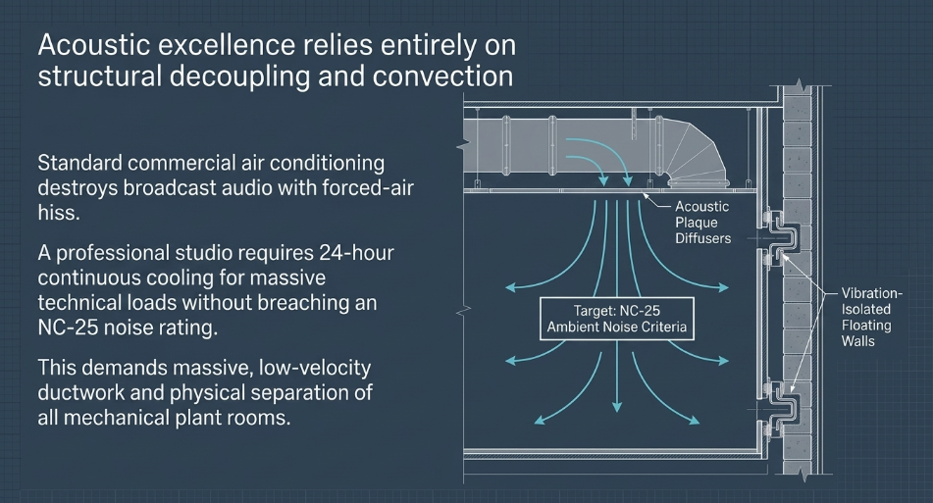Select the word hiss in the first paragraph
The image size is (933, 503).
click(x=59, y=212)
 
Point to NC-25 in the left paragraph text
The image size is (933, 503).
click(x=68, y=327)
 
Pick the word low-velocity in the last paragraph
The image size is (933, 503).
click(x=315, y=368)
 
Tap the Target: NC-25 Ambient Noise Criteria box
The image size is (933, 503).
click(x=617, y=319)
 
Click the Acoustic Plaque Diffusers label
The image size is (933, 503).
click(x=702, y=223)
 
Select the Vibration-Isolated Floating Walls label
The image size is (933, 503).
click(x=871, y=317)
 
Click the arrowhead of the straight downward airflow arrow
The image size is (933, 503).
click(x=617, y=406)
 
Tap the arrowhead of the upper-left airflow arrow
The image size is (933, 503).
click(x=510, y=287)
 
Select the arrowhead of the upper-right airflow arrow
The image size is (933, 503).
click(x=723, y=287)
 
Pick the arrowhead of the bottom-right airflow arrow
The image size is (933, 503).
click(x=694, y=420)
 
